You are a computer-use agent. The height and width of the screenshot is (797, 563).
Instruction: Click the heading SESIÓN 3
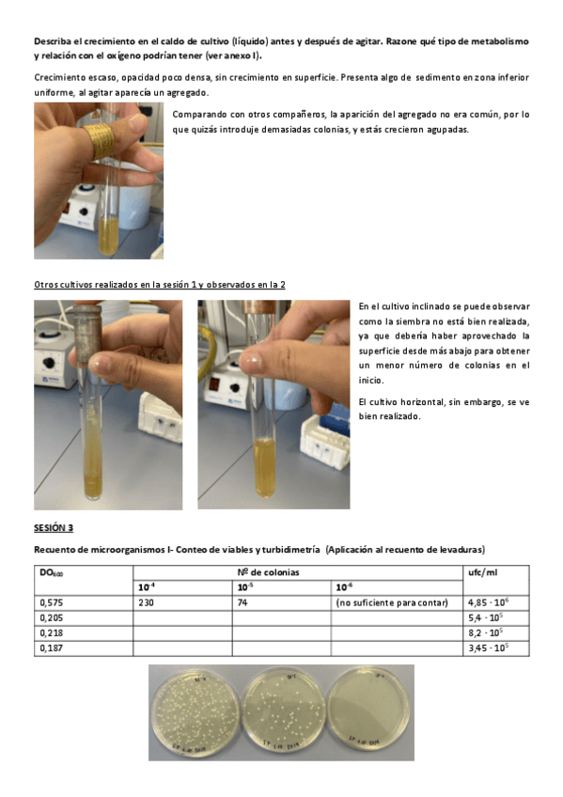click(x=54, y=527)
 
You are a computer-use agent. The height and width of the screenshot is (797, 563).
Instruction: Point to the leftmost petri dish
click(x=195, y=714)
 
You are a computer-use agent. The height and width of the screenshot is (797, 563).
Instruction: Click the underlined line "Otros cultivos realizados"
click(x=160, y=285)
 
